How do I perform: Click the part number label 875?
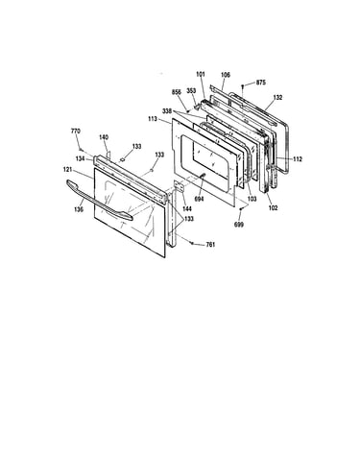pyautogui.click(x=260, y=83)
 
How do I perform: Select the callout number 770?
pyautogui.click(x=76, y=131)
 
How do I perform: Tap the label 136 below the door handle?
pyautogui.click(x=79, y=209)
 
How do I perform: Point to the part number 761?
pyautogui.click(x=210, y=245)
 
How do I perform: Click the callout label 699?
pyautogui.click(x=239, y=225)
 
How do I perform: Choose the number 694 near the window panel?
pyautogui.click(x=199, y=199)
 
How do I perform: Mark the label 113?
pyautogui.click(x=153, y=119)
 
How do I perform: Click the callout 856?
pyautogui.click(x=177, y=92)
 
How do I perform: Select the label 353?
pyautogui.click(x=191, y=91)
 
